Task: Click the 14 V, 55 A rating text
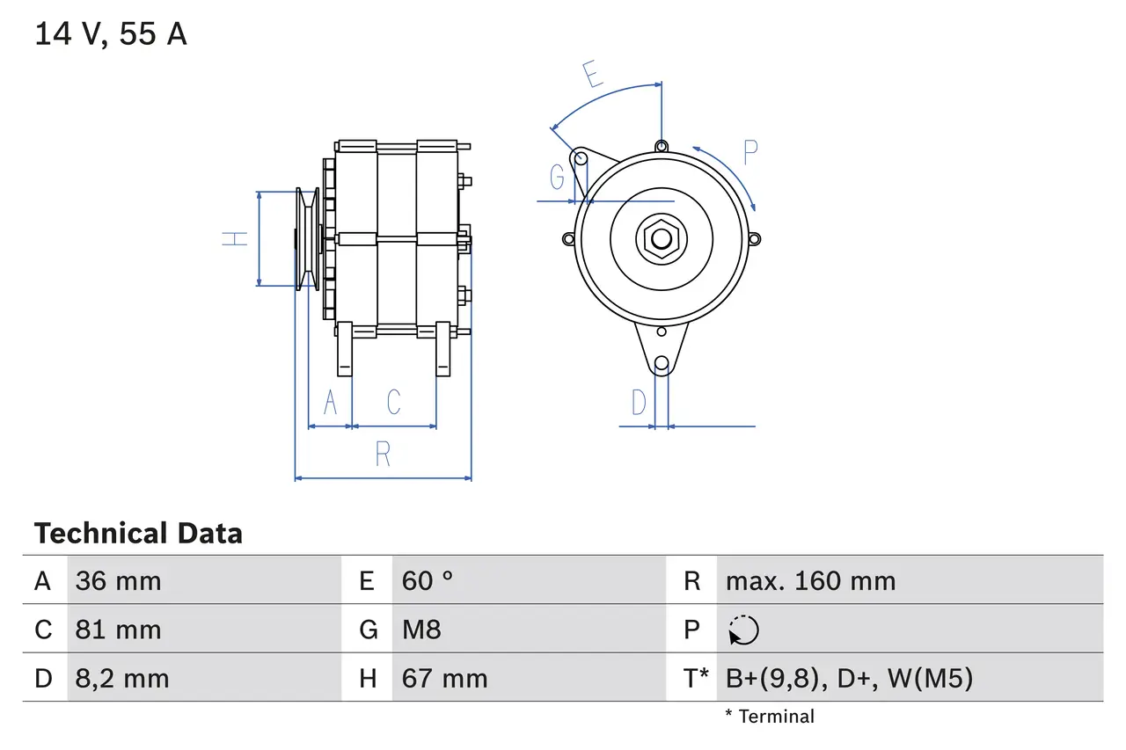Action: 111,34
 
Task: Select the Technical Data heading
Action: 138,534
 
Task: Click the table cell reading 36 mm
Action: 118,581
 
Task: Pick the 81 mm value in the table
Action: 118,630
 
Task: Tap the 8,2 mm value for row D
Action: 121,678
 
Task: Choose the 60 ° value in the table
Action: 428,581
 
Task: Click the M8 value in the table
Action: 421,630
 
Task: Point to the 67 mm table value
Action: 444,678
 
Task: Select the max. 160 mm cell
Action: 810,581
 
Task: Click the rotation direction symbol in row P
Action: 743,630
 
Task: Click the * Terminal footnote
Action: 770,717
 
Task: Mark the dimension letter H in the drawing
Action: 235,238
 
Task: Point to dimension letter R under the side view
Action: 383,455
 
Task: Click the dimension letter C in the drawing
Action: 393,402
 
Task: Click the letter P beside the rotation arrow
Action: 749,153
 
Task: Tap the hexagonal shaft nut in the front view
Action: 660,238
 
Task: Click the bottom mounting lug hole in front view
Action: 662,363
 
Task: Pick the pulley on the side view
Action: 307,238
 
